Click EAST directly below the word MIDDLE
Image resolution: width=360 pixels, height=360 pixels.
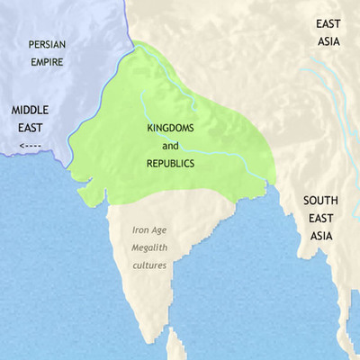29,129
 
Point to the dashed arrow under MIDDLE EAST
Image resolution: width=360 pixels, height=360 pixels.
29,144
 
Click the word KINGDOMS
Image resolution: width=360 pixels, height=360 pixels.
171,128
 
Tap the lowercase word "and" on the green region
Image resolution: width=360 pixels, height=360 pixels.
171,146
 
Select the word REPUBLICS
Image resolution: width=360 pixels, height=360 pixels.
171,164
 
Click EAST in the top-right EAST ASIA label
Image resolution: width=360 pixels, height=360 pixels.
329,25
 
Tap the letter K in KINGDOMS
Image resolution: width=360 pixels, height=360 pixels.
148,128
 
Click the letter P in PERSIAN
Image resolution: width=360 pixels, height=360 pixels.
31,43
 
